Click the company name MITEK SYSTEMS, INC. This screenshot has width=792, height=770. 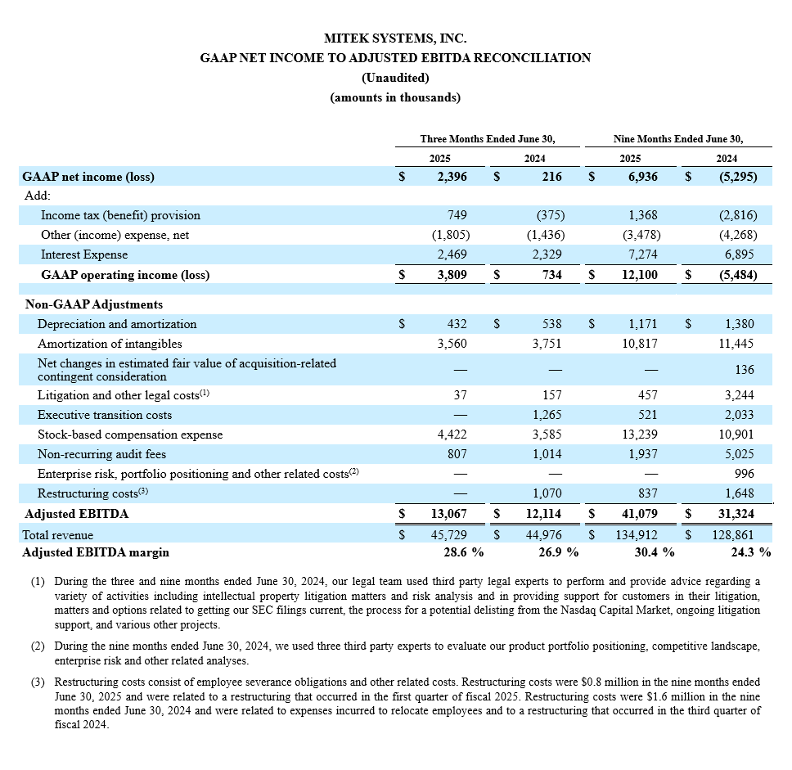point(395,38)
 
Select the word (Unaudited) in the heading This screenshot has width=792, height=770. point(395,78)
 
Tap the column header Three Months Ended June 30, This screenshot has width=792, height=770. point(493,138)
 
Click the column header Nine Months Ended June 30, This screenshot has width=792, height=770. point(678,138)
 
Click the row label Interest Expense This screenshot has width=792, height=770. point(84,254)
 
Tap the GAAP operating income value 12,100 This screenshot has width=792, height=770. point(639,275)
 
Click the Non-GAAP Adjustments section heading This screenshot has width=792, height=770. point(94,304)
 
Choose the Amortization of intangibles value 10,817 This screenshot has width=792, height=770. point(640,344)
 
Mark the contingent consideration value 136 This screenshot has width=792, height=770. point(744,369)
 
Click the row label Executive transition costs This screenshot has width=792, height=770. point(105,415)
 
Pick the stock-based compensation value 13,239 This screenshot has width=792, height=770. point(640,435)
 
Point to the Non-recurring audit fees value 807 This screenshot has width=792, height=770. point(456,454)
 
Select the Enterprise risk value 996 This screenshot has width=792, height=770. point(744,474)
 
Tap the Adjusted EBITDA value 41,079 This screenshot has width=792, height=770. point(639,514)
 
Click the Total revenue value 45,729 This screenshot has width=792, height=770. point(449,534)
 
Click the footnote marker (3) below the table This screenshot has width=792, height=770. point(38,682)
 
